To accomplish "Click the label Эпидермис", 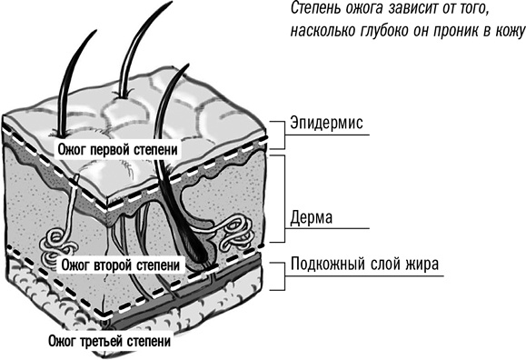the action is tap(326, 123).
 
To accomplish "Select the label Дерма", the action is tap(312, 217).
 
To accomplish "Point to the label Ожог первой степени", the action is tap(117, 149).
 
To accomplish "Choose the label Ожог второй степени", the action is tap(121, 265).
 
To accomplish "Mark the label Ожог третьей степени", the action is tap(109, 341).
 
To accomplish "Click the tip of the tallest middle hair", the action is tap(172, 2).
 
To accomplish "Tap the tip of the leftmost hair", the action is tap(96, 31).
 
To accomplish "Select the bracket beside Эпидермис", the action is tap(279, 135).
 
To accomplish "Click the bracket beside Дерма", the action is tap(279, 198).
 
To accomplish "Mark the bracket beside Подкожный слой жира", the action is tap(279, 276).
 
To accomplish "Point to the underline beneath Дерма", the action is tap(327, 229).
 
